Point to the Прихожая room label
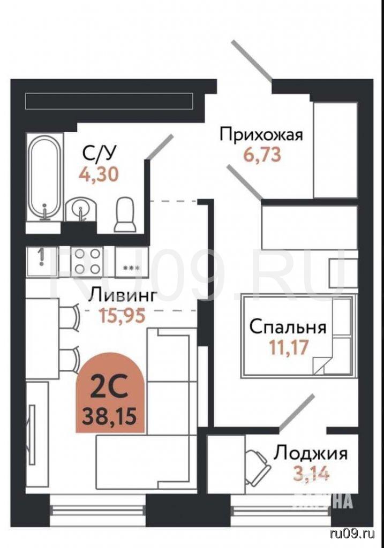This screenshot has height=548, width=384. click(261, 134)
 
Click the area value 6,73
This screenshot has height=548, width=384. click(262, 155)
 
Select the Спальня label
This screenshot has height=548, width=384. click(288, 328)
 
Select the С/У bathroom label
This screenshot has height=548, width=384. click(99, 153)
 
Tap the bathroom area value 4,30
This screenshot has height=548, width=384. click(99, 174)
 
